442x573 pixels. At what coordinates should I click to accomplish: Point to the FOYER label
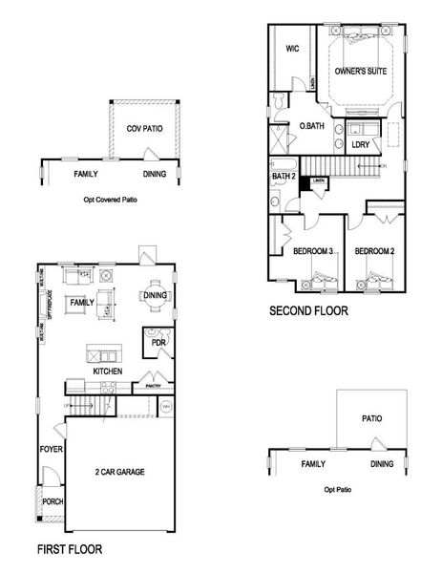pos(51,449)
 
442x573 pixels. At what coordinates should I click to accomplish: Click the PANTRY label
pos(154,386)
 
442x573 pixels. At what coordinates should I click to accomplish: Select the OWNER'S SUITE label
pos(361,71)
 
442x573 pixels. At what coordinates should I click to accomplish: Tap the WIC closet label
pos(294,50)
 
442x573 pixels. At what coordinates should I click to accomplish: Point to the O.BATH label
pos(310,125)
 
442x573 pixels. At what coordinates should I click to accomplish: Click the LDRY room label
pos(360,145)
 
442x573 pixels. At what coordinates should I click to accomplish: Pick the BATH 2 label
pos(284,176)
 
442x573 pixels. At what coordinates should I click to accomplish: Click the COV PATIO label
pos(143,128)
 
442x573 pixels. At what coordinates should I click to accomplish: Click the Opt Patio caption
pos(339,489)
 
